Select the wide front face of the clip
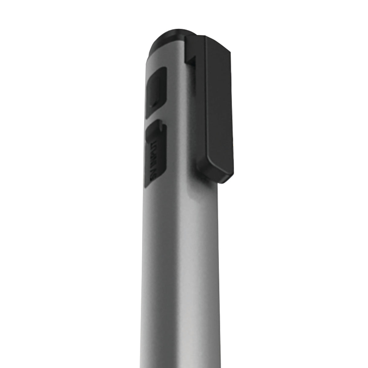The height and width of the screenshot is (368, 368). click(219, 107)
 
